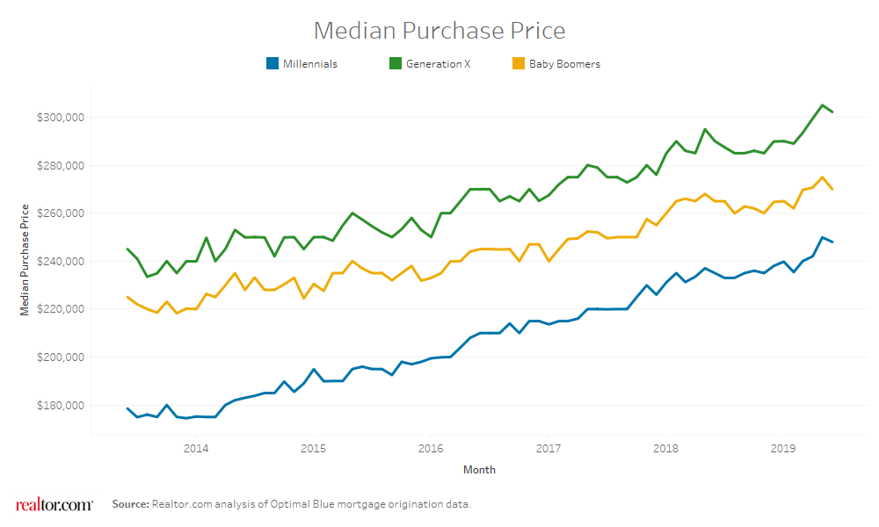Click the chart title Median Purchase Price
pos(439,31)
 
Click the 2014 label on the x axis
pos(196,448)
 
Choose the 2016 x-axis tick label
pos(431,448)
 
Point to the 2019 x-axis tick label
pos(783,448)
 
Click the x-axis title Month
pos(479,470)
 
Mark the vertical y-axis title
pos(25,259)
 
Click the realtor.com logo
pos(54,504)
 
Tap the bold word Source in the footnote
pos(130,504)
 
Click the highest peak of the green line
pos(822,105)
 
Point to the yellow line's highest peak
pos(822,177)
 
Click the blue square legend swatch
pos(272,64)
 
